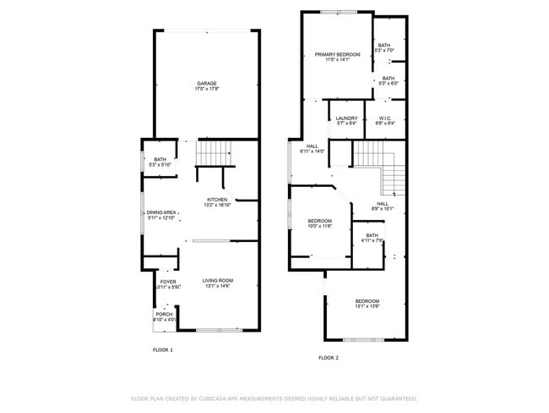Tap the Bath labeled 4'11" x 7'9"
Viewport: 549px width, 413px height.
(372, 238)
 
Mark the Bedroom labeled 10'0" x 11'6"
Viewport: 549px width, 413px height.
(319, 223)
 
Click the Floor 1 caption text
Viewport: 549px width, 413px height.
(162, 350)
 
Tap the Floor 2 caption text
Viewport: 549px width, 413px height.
(328, 358)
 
